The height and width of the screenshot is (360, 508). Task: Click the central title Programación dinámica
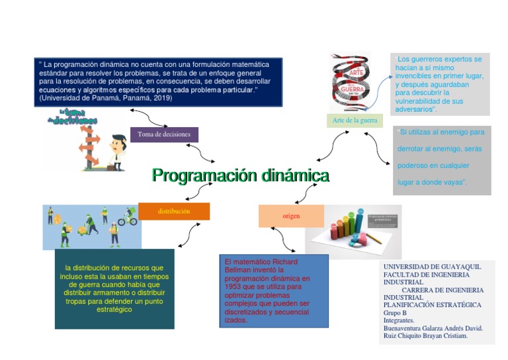point(240,176)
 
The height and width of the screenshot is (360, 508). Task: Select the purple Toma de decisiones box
point(164,134)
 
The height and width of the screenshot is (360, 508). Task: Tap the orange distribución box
point(174,212)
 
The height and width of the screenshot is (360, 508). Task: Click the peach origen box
point(291,216)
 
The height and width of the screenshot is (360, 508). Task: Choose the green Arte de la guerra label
point(355,120)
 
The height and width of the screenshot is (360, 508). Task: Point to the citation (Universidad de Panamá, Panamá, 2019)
point(106,98)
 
